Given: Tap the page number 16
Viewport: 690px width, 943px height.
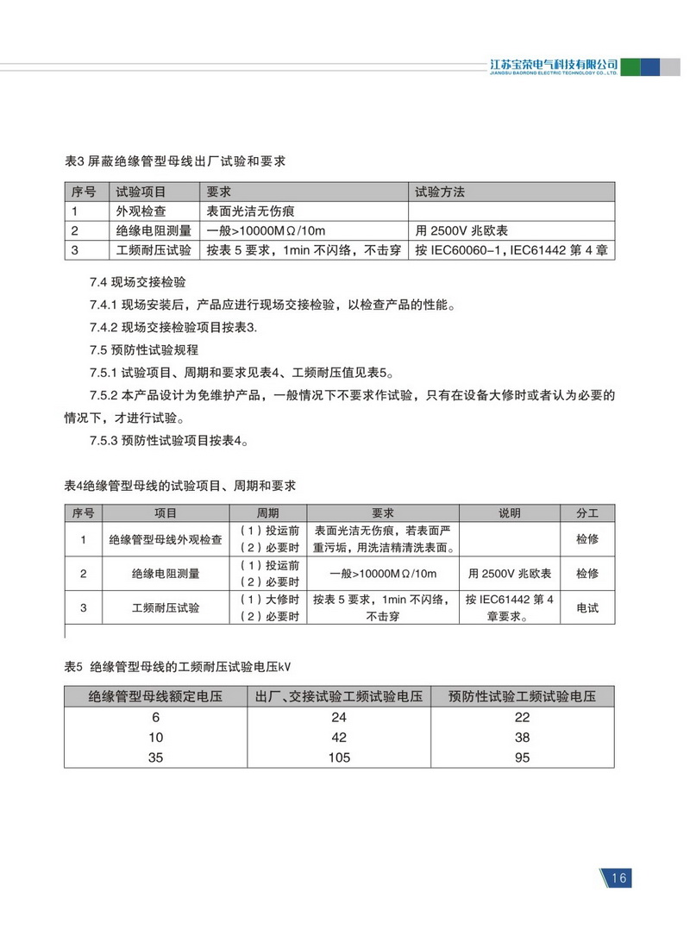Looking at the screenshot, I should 618,878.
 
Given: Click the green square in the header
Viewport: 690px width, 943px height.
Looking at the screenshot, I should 630,67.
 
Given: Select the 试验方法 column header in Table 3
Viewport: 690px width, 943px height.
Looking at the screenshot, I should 441,192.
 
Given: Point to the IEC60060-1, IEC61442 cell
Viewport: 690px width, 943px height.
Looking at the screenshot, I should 512,251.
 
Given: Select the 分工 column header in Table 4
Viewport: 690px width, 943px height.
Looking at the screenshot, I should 587,512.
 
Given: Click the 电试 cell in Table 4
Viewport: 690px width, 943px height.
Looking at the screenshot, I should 587,607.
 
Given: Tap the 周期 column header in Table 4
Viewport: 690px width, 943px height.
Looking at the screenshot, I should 268,512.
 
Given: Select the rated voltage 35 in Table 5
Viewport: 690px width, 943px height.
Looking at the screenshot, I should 154,757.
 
